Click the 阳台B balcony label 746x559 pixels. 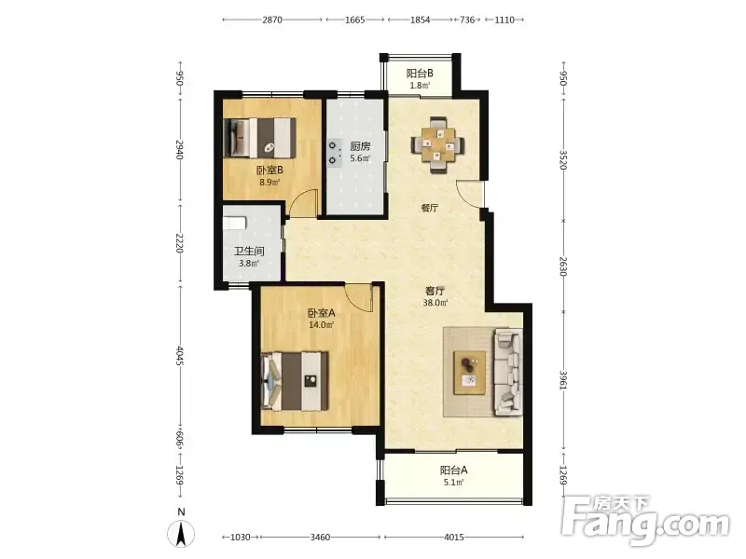coord(420,74)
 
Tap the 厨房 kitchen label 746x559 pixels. coord(360,146)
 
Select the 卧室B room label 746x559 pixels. coord(269,170)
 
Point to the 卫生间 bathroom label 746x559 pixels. coord(249,251)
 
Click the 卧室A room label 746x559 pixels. coord(322,313)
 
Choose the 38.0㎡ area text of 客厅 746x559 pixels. coord(435,302)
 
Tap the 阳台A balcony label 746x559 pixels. coord(453,470)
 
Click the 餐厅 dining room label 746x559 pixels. coord(430,208)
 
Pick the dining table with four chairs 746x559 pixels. coord(437,144)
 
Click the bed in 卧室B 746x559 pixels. coord(260,137)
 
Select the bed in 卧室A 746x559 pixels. coord(295,381)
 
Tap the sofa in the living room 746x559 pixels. coord(507,371)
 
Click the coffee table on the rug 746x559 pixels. coord(470,373)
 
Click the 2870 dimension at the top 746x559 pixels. coord(272,20)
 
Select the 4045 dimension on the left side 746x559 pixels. coord(180,356)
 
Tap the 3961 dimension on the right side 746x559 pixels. coord(563,380)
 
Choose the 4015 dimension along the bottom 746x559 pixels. coord(453,538)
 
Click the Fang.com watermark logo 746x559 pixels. coord(644,521)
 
